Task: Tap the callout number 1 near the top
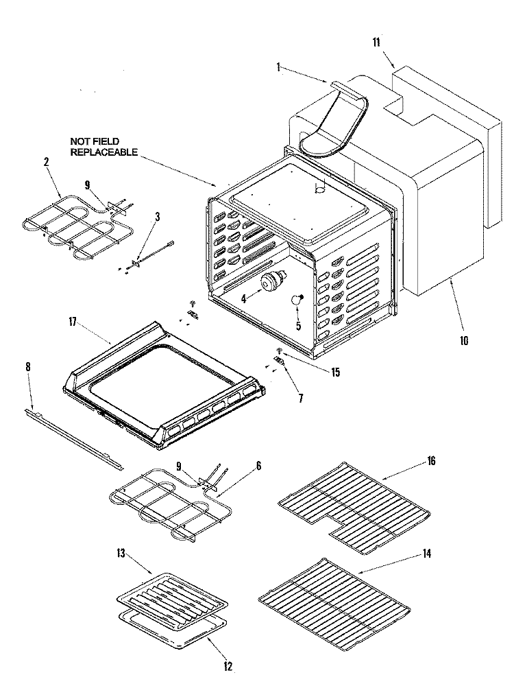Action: pos(278,67)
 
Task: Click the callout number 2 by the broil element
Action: pos(46,163)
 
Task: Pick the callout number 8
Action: pos(28,367)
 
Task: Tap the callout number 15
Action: pos(335,373)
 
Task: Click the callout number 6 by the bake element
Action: pos(258,465)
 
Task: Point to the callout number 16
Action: pos(430,461)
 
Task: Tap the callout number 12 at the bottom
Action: pos(227,665)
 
